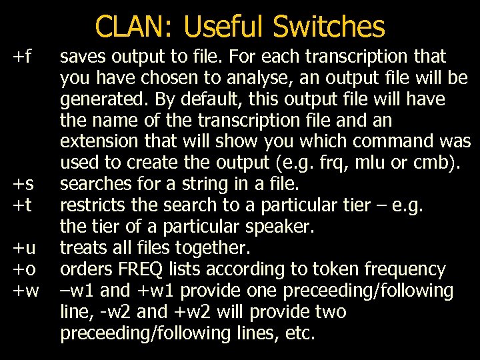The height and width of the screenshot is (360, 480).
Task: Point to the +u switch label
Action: [25, 249]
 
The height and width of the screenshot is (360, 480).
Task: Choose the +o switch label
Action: [25, 270]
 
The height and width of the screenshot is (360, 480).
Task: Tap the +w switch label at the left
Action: [26, 291]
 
